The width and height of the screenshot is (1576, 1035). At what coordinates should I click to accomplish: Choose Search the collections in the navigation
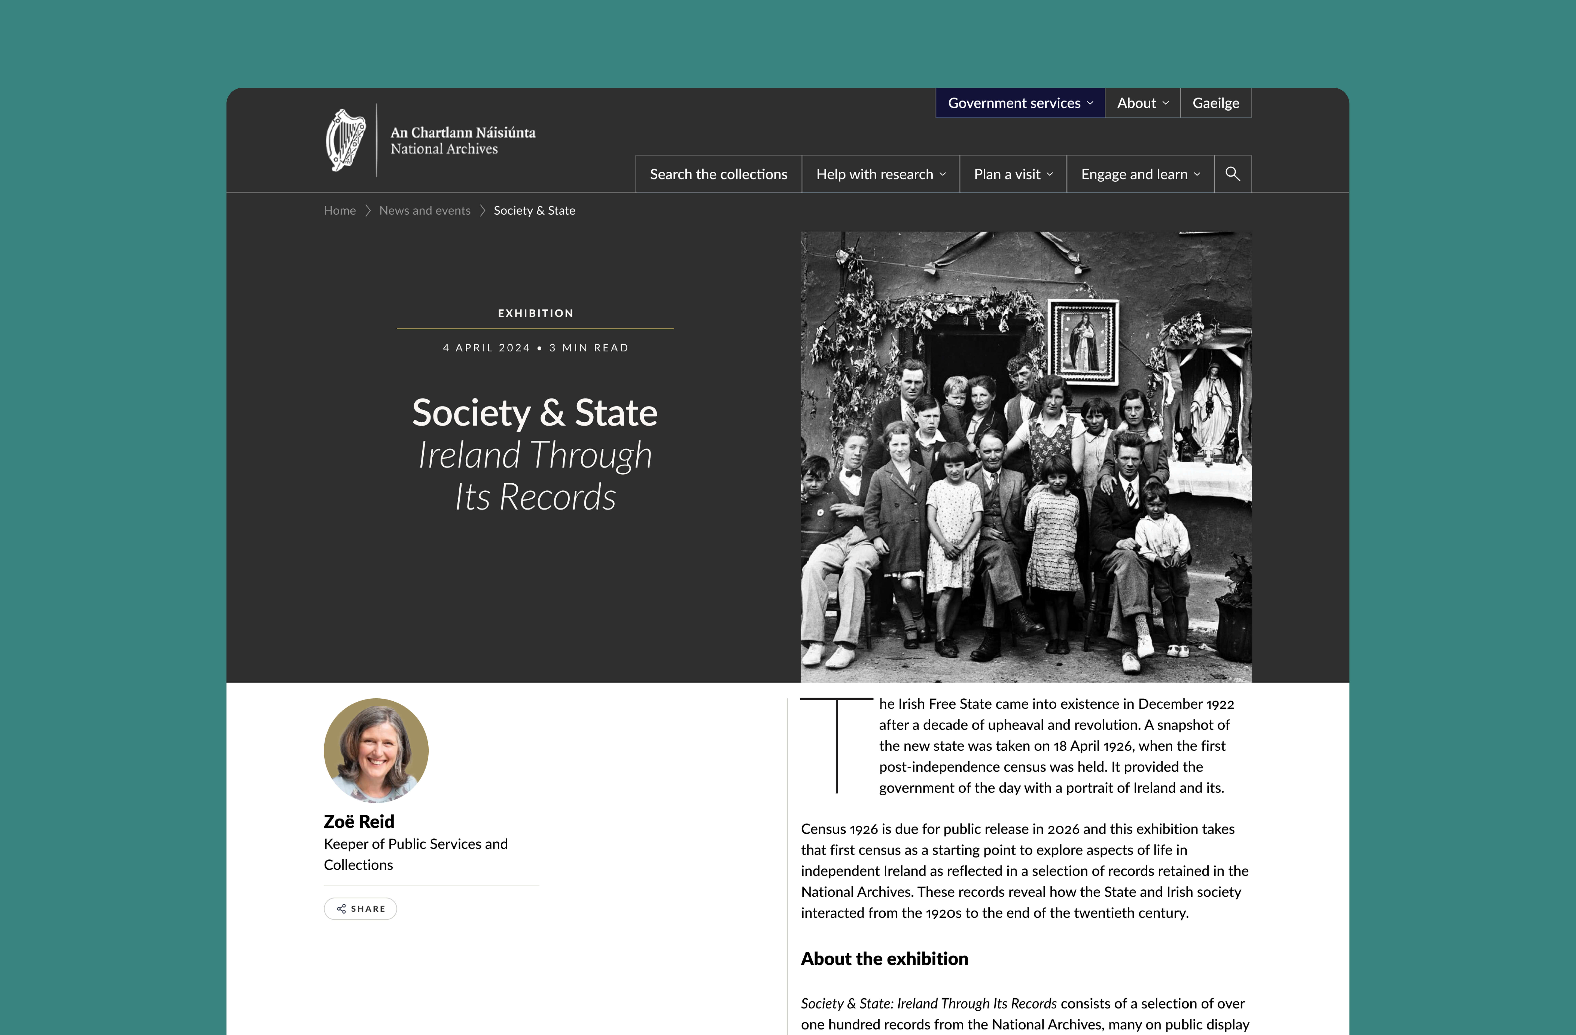click(719, 174)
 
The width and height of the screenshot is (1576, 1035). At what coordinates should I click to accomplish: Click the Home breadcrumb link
click(340, 211)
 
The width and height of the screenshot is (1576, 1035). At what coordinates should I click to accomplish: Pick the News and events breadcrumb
click(424, 211)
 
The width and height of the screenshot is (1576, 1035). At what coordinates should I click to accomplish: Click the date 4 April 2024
click(487, 348)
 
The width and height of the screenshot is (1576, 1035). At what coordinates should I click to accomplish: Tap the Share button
click(360, 908)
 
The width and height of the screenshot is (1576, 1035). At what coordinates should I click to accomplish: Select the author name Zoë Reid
click(359, 822)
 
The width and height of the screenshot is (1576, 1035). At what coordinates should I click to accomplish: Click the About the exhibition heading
click(884, 959)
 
